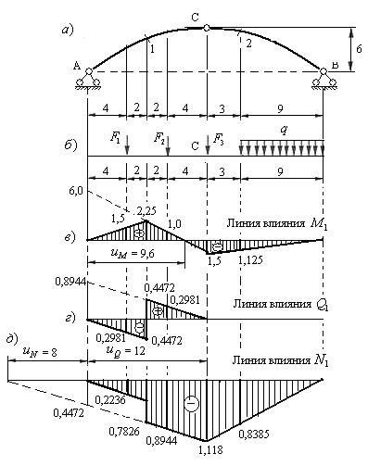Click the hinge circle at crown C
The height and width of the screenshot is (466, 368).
click(x=207, y=28)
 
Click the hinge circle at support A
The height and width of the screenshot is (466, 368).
click(x=89, y=71)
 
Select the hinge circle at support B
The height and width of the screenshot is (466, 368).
click(x=324, y=71)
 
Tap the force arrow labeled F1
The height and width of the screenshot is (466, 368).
click(x=127, y=145)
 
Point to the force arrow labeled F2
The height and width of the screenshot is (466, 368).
click(x=168, y=145)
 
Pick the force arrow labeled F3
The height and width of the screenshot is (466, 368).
click(x=208, y=145)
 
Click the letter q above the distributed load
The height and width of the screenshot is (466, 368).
click(x=284, y=131)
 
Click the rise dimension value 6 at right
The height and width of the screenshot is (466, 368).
click(x=359, y=49)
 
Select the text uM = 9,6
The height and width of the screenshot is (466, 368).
click(x=133, y=253)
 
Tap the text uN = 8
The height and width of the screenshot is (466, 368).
click(x=40, y=352)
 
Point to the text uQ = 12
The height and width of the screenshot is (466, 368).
click(x=125, y=351)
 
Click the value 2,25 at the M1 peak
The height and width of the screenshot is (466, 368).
click(x=146, y=211)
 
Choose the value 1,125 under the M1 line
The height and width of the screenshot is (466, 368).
click(x=250, y=260)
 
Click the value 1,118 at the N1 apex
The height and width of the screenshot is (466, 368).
click(x=210, y=449)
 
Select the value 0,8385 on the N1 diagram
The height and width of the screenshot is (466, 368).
click(x=254, y=434)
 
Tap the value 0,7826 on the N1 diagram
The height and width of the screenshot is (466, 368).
click(x=124, y=431)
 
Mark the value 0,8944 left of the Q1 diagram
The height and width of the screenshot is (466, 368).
click(x=70, y=282)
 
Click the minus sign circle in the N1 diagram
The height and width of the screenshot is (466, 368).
click(x=191, y=404)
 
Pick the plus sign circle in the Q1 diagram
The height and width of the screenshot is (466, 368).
click(x=158, y=311)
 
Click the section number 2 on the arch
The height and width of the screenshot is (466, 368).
click(x=248, y=44)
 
